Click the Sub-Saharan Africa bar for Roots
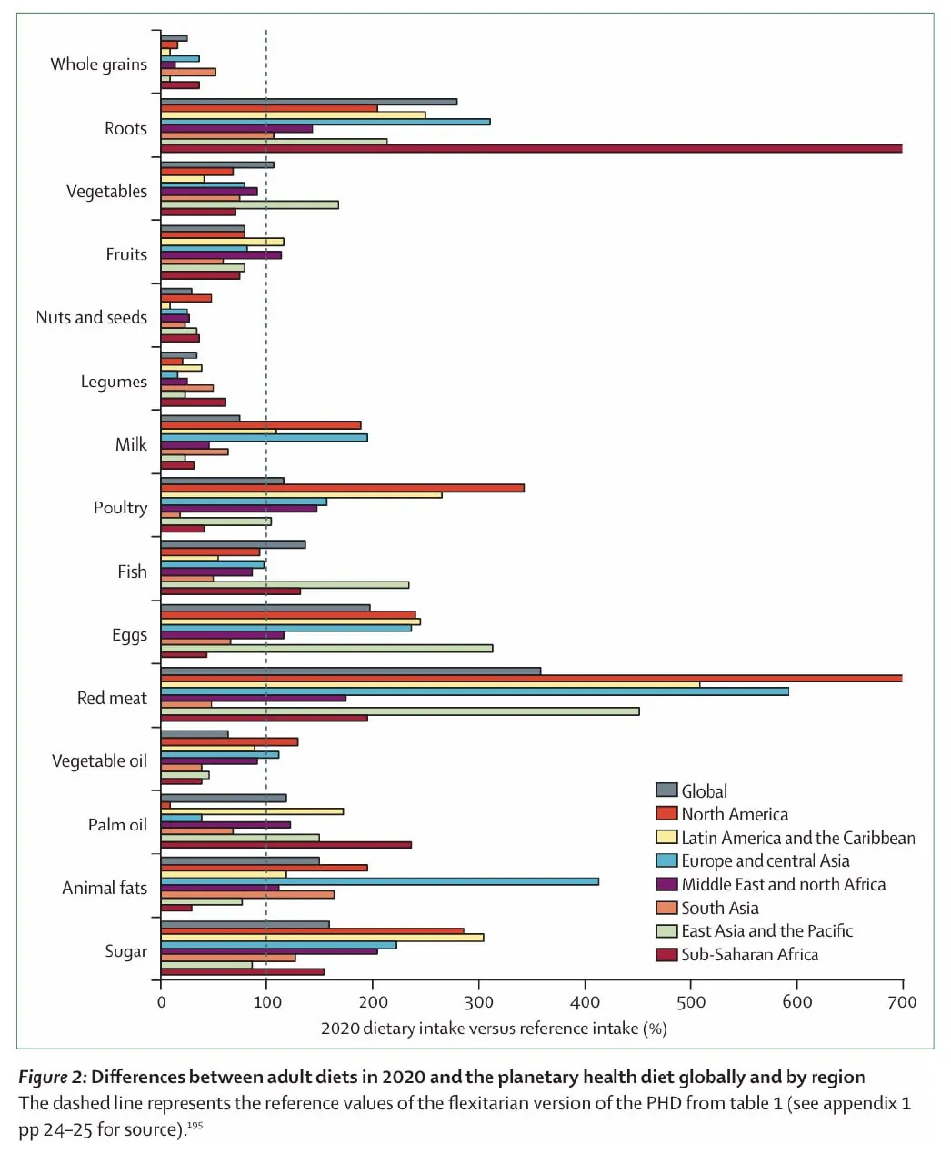tap(531, 148)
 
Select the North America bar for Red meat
tap(531, 678)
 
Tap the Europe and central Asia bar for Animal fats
tap(379, 881)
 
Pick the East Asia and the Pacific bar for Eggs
tap(326, 648)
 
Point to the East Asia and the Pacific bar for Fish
tap(285, 584)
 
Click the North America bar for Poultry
tap(342, 488)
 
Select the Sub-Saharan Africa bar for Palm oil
tap(285, 844)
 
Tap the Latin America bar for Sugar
tap(322, 938)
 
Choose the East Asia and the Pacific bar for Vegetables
tap(249, 204)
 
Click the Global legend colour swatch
tap(666, 790)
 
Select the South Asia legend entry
tap(719, 908)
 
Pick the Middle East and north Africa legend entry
tap(783, 884)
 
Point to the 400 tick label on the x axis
tap(585, 1002)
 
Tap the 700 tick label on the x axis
tap(902, 1002)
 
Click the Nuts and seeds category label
tap(91, 317)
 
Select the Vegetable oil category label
tap(98, 760)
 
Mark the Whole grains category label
tap(98, 64)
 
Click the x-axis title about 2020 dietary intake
tap(494, 1029)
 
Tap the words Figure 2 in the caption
tap(52, 1077)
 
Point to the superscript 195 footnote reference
tap(195, 1126)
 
